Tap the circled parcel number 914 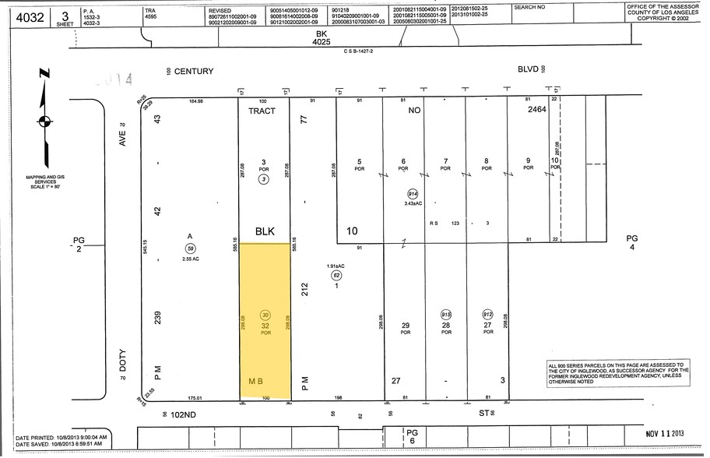(x=411, y=193)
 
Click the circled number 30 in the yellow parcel (x=265, y=315)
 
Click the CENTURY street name (x=193, y=71)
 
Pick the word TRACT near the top (x=262, y=111)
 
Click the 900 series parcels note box (x=615, y=372)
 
